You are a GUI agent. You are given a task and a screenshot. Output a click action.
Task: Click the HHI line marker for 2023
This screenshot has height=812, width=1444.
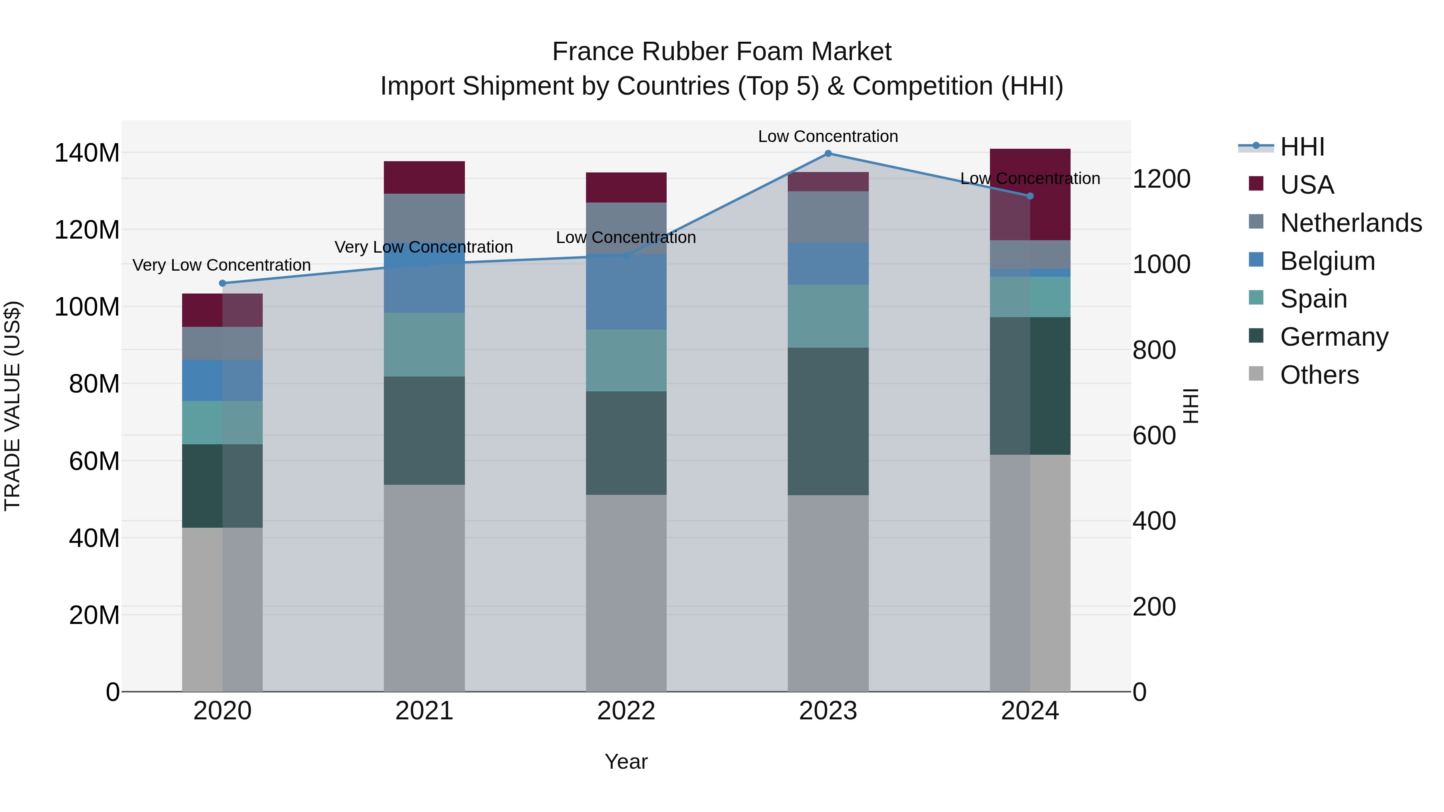(828, 154)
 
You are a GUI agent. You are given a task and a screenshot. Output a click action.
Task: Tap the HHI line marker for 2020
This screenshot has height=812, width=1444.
(223, 283)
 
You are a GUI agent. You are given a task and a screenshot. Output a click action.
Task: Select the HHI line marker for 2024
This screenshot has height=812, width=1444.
(1030, 196)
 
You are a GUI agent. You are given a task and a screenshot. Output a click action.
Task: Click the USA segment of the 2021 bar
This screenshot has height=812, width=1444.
(424, 178)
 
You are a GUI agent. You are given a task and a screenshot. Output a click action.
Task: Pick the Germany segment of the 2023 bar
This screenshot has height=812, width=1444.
(828, 421)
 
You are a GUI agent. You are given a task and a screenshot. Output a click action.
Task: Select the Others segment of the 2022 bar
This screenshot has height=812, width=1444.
(626, 593)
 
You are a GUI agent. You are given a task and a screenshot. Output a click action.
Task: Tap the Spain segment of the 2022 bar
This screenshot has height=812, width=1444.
(626, 360)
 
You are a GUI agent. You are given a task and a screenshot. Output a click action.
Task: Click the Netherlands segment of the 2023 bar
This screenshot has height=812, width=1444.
(828, 217)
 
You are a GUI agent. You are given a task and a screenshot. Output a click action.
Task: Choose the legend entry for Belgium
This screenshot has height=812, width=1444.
(1327, 261)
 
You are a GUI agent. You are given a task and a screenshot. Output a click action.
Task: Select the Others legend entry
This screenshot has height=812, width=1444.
(1319, 375)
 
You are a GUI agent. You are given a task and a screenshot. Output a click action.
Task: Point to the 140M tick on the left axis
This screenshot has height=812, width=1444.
(87, 153)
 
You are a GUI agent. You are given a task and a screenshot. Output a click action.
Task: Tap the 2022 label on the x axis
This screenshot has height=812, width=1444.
(626, 711)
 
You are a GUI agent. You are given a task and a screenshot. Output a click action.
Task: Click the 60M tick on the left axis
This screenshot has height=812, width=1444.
(94, 461)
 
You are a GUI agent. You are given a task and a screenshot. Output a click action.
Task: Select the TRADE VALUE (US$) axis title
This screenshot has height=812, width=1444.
(13, 406)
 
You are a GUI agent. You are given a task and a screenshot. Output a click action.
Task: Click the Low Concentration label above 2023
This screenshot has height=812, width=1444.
(828, 136)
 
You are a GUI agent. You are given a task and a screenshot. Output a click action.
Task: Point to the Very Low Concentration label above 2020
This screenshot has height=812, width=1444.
(221, 265)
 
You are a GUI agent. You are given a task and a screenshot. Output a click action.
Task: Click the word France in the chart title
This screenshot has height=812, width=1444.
(593, 52)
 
